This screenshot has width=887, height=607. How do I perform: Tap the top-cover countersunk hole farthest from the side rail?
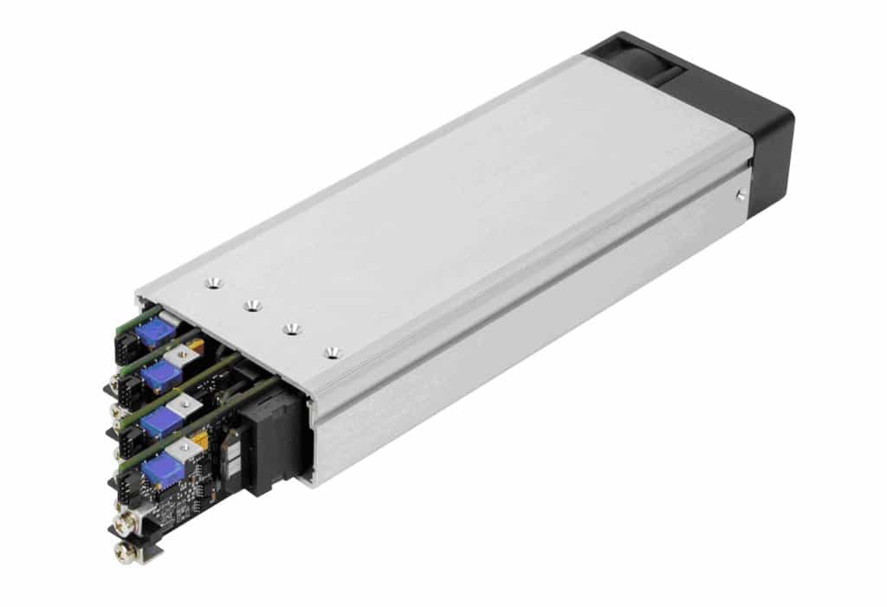coord(213,282)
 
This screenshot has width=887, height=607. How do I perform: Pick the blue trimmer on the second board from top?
coord(160,375)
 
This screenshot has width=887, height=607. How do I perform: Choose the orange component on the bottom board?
coord(202,444)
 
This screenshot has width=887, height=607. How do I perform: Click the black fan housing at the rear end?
coord(762,139)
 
